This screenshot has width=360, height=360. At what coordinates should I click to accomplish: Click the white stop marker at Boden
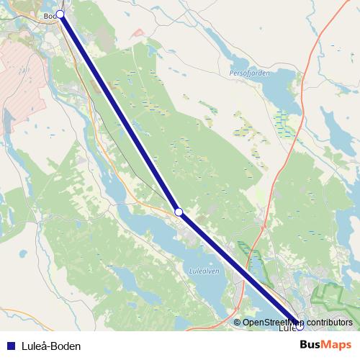(60, 14)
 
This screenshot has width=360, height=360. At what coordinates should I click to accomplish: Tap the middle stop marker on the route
(179, 212)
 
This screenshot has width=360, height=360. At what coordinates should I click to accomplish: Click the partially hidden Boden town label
(49, 15)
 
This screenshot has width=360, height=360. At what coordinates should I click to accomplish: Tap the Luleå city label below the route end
(286, 329)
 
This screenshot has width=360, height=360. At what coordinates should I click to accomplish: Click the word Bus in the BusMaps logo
(310, 346)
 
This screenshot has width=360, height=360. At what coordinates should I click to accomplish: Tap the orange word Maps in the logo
(337, 346)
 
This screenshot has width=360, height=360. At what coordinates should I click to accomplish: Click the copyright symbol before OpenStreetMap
(238, 322)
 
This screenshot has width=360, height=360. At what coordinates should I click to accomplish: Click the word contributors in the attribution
(330, 322)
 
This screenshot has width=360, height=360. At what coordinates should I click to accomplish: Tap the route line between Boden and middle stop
(119, 112)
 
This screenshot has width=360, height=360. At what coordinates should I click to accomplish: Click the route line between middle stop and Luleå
(238, 268)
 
